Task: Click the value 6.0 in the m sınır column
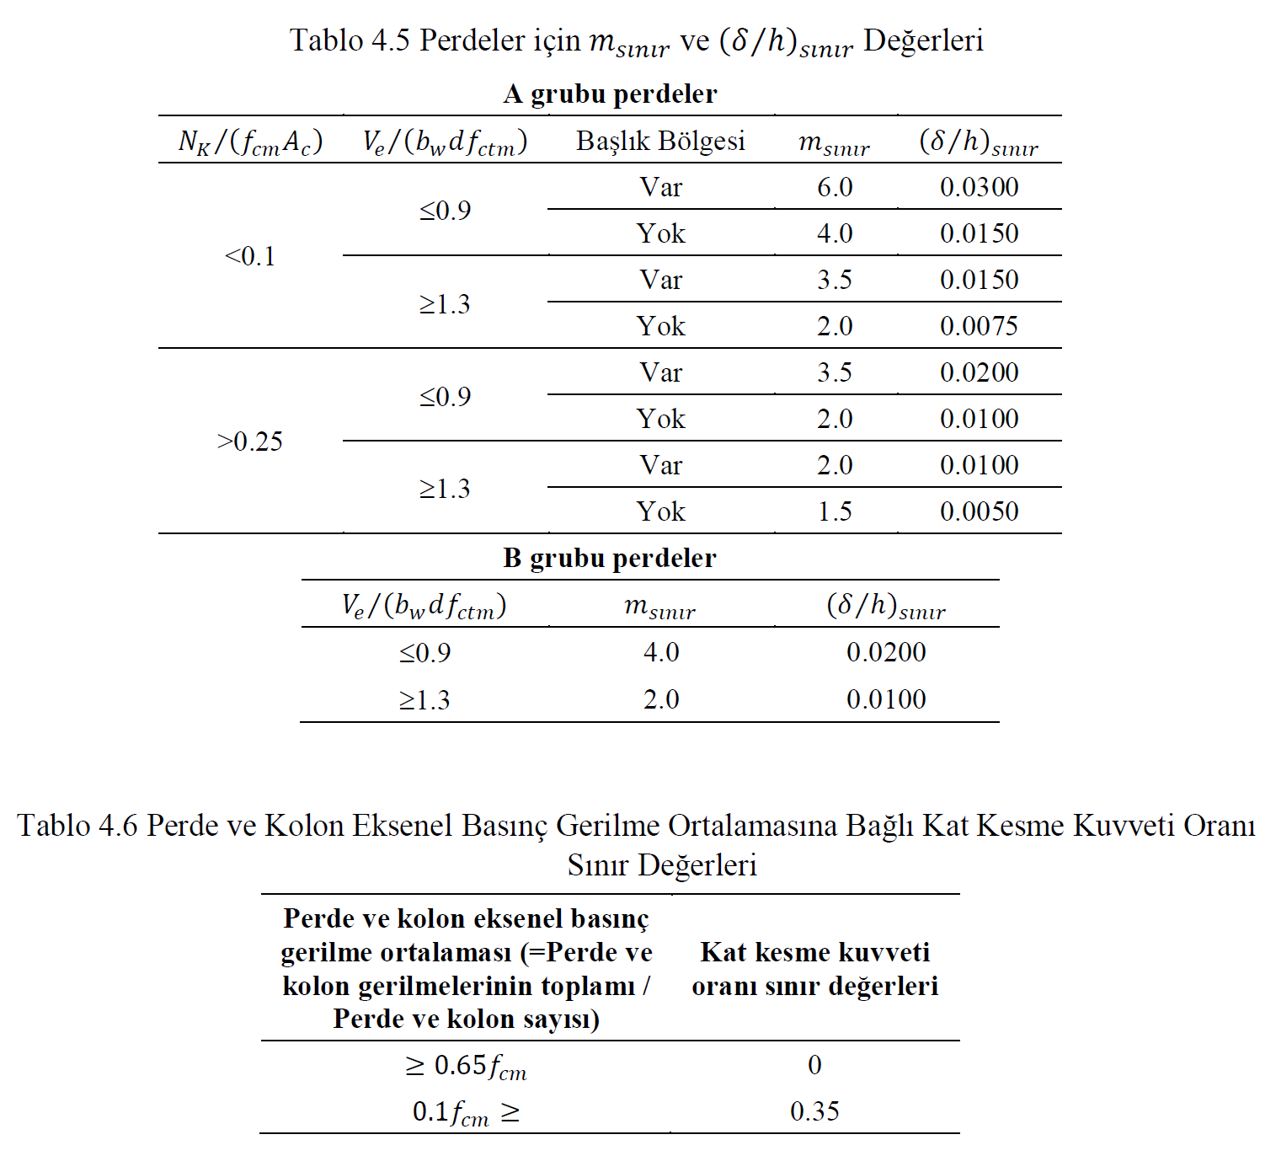pos(834,187)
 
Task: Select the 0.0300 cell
pos(979,187)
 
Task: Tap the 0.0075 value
pos(979,326)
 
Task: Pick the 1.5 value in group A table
pos(834,511)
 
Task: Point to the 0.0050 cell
pos(979,511)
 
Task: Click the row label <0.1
pos(250,256)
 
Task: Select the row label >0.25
pos(250,442)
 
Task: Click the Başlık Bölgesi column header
pos(660,141)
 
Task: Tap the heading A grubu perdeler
pos(610,94)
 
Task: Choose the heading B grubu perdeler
pos(610,558)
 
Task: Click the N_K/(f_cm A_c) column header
pos(250,142)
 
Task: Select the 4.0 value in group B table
pos(660,652)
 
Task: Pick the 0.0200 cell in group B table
pos(886,652)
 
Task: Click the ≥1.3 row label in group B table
pos(424,700)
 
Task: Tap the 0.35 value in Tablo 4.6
pos(814,1111)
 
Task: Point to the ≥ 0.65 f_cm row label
pos(466,1066)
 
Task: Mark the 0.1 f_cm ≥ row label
pos(466,1112)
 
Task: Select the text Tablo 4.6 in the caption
pos(77,826)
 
